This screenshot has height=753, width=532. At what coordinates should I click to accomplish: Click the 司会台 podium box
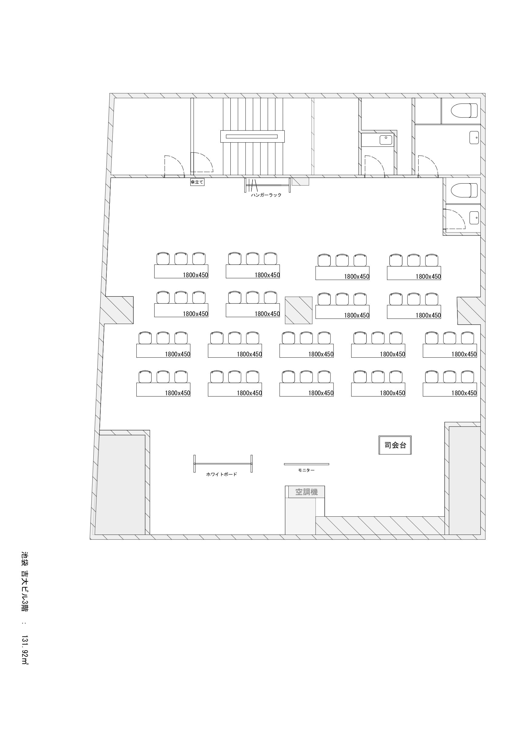pos(395,445)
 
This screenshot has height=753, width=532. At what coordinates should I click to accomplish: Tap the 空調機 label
pos(306,492)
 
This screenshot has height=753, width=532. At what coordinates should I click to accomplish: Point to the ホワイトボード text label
pos(222,474)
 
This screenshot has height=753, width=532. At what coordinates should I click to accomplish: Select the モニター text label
pos(306,470)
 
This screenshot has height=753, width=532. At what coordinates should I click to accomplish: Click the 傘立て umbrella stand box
pos(197,182)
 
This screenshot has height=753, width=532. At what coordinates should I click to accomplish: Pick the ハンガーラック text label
pos(266,195)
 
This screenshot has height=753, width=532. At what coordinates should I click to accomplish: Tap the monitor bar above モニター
pos(306,464)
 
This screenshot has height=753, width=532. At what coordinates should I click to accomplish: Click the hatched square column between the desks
pos(298,310)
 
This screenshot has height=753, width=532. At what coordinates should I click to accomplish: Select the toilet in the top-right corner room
pos(464,110)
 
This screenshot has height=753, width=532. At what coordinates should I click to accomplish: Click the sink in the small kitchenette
pos(386,140)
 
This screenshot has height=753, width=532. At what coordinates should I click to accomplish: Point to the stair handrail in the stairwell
pos(253,137)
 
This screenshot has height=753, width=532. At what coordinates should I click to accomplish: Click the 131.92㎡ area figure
pos(25,650)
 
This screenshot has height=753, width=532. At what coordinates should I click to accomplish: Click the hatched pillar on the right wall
pos(469,311)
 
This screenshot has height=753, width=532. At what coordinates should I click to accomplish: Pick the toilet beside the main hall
pos(464,191)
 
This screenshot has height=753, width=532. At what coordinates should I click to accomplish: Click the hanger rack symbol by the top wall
pos(267,185)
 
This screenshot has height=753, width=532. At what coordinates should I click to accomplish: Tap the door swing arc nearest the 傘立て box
pos(202,162)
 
